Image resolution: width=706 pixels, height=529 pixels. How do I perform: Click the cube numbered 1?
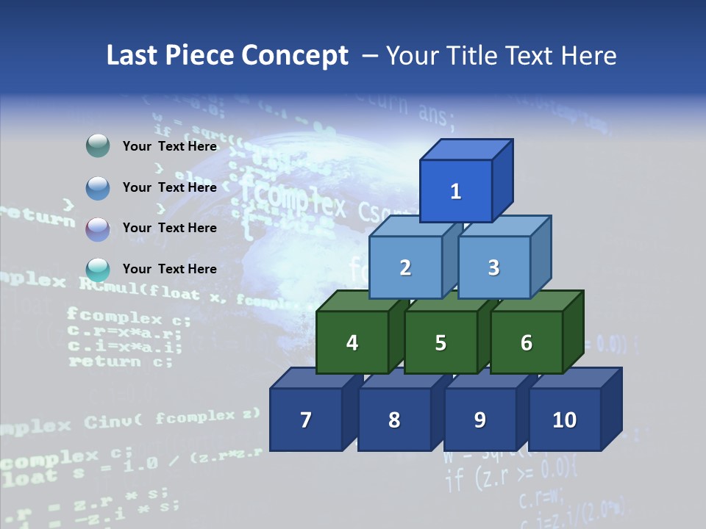coord(456,191)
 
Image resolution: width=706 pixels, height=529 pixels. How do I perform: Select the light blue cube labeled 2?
coord(405,267)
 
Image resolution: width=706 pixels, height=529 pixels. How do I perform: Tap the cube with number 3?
coord(493,267)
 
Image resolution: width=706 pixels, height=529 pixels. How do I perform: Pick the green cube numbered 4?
coord(352,342)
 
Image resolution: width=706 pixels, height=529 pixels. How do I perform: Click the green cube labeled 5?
coord(441,342)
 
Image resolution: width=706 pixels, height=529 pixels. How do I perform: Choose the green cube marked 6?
coord(527,342)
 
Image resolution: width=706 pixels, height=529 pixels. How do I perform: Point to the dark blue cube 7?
coord(306,420)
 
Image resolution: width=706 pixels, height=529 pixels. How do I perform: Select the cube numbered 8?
coord(394,420)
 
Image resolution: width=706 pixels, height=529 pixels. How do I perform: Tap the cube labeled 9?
coord(479,420)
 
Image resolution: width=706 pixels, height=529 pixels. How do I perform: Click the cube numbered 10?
coord(564,420)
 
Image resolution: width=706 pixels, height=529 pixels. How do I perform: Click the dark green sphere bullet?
coord(98,146)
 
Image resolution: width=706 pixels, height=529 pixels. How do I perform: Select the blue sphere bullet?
coord(98,187)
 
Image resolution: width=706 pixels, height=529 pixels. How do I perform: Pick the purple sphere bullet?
coord(98,228)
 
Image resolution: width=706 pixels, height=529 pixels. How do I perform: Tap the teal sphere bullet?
coord(98,270)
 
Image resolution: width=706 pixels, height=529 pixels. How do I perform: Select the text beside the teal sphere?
coord(170,269)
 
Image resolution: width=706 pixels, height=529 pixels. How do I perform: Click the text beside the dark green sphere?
coord(170,146)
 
